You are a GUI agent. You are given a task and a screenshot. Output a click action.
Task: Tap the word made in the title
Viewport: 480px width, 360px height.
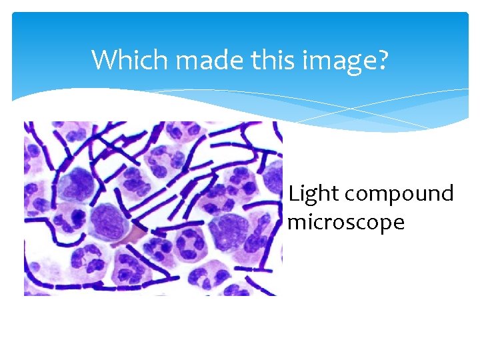click(x=200, y=60)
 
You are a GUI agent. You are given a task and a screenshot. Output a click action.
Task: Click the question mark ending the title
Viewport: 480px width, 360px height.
click(x=382, y=60)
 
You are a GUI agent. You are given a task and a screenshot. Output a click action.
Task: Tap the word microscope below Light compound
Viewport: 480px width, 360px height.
click(x=346, y=222)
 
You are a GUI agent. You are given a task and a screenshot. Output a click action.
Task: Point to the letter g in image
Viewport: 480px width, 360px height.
click(x=353, y=64)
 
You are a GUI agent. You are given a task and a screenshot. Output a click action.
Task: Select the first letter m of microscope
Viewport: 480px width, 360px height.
click(x=296, y=222)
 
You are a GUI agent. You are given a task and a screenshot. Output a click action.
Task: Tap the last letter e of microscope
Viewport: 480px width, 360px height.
click(x=398, y=222)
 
